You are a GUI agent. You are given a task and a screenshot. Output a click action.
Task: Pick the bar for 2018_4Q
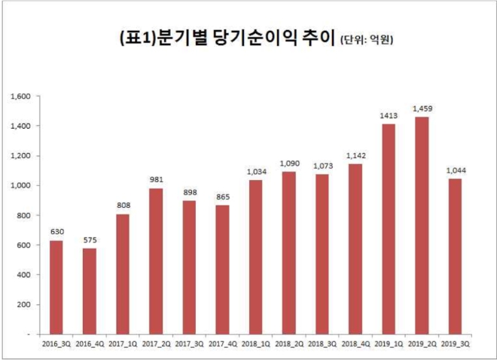[x=355, y=249]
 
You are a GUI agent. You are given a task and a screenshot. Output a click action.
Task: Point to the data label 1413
[x=388, y=117]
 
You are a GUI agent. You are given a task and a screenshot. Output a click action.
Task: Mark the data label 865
[x=223, y=197]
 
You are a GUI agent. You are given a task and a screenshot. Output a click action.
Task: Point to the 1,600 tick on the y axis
[x=20, y=96]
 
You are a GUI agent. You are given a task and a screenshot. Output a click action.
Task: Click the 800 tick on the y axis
[x=22, y=215]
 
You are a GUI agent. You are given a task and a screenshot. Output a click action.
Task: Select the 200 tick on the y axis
[x=22, y=304]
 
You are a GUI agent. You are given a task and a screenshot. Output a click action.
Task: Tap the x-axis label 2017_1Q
[x=123, y=343]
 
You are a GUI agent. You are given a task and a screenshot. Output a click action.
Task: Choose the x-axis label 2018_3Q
[x=322, y=343]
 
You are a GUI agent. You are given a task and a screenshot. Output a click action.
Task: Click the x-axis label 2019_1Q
[x=388, y=343]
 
